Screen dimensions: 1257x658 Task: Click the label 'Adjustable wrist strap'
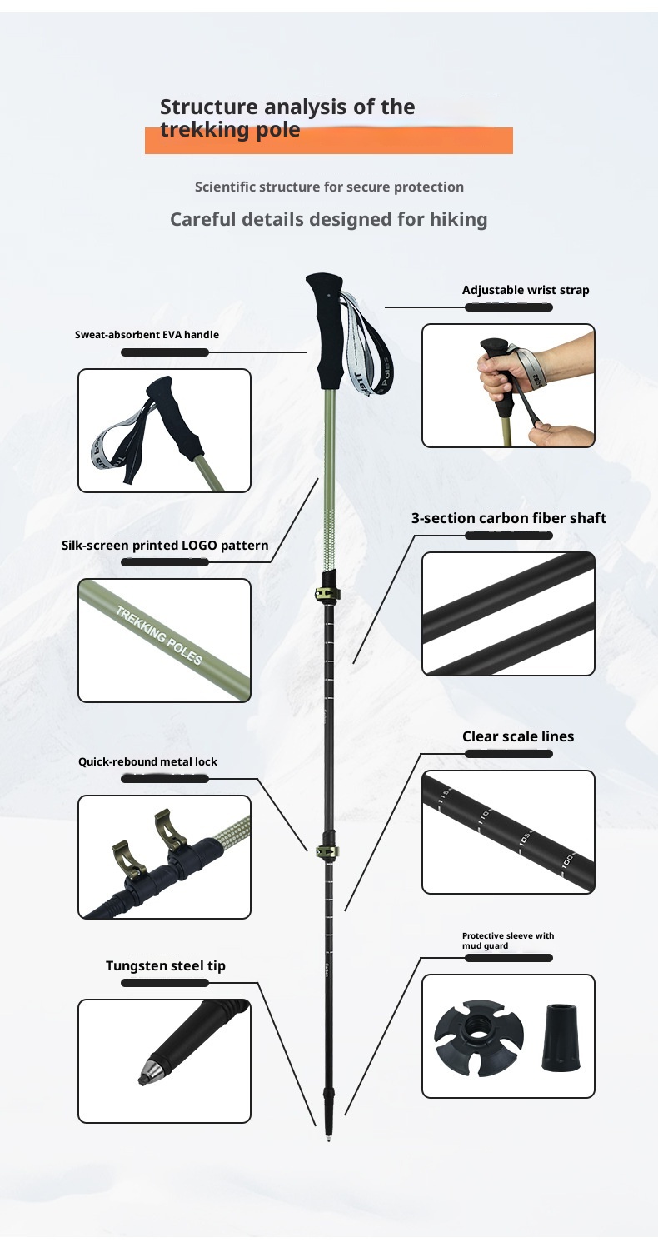click(x=525, y=291)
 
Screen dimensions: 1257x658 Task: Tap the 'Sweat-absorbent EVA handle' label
click(x=147, y=335)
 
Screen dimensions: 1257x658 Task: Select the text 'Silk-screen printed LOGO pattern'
click(x=165, y=546)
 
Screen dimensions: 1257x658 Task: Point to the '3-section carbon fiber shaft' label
click(x=508, y=518)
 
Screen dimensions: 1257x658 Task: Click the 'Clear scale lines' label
click(x=518, y=736)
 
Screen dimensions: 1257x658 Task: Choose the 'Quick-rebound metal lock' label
click(x=147, y=761)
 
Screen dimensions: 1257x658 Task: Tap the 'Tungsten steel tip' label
click(x=165, y=966)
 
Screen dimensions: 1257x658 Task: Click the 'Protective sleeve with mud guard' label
click(x=507, y=940)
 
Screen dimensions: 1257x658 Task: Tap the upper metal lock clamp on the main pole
click(x=326, y=592)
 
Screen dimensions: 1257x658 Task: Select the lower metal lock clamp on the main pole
click(x=327, y=851)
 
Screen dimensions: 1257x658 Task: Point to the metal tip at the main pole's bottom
click(x=328, y=1136)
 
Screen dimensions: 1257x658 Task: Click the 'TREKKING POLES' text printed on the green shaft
click(x=158, y=636)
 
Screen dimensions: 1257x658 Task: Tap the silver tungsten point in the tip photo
click(x=142, y=1073)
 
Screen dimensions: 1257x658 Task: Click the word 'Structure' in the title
click(x=208, y=107)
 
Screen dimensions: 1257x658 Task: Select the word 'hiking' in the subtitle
click(x=458, y=220)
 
